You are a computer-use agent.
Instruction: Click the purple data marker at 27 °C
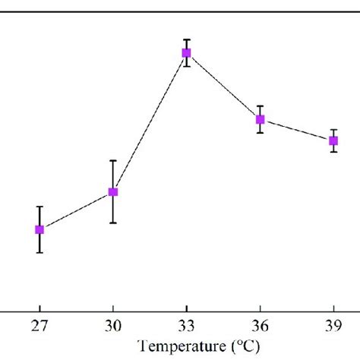click(39, 229)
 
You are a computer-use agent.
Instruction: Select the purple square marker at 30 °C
click(113, 192)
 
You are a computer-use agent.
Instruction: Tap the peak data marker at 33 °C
click(186, 53)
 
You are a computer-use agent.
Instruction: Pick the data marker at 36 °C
click(260, 119)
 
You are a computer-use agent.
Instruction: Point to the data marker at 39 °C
click(333, 141)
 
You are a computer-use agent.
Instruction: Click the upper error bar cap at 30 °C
click(113, 161)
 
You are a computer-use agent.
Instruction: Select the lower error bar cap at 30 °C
click(113, 223)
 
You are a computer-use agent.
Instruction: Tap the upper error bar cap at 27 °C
click(39, 207)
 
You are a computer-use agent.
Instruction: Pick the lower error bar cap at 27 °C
click(39, 252)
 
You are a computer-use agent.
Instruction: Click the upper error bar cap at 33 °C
click(186, 39)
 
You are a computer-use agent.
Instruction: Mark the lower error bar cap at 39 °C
click(333, 152)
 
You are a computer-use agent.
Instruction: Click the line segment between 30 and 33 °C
click(150, 122)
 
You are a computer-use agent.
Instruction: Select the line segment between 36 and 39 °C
click(296, 130)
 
